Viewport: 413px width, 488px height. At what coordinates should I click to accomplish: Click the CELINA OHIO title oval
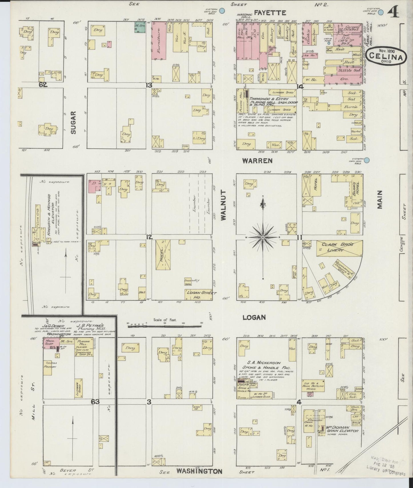click(x=387, y=56)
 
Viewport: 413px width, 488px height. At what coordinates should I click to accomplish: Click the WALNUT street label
click(x=223, y=205)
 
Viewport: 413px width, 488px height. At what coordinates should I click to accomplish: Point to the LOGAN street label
click(x=254, y=317)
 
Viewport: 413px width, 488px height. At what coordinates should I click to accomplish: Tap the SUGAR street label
click(x=73, y=122)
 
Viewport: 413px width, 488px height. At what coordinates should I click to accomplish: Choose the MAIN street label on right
click(x=380, y=200)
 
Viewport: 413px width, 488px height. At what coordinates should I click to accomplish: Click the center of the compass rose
click(x=263, y=237)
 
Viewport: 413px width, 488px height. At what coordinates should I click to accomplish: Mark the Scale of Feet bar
click(x=165, y=324)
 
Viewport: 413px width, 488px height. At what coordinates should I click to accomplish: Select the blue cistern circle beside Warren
click(x=367, y=161)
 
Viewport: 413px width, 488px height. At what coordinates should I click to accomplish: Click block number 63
click(x=95, y=402)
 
